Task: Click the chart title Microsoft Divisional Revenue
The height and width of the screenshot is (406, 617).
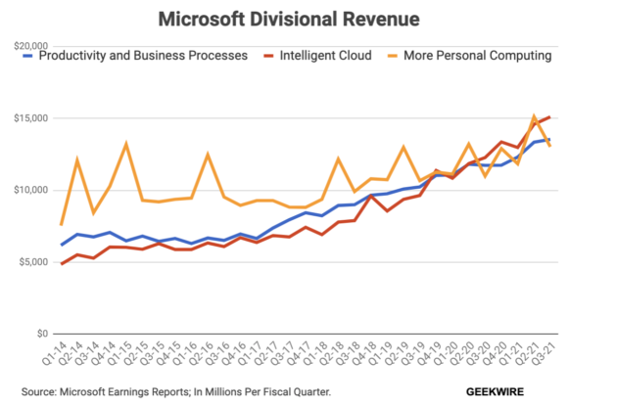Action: pyautogui.click(x=308, y=19)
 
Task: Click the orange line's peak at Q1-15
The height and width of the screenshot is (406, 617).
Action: pyautogui.click(x=126, y=144)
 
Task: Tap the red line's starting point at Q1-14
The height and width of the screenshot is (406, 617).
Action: pyautogui.click(x=62, y=264)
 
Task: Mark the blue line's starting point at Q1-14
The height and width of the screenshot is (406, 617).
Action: pyautogui.click(x=62, y=245)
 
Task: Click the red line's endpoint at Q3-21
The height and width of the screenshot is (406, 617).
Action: pyautogui.click(x=548, y=117)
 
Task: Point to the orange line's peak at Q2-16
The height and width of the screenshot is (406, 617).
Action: pyautogui.click(x=208, y=155)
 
